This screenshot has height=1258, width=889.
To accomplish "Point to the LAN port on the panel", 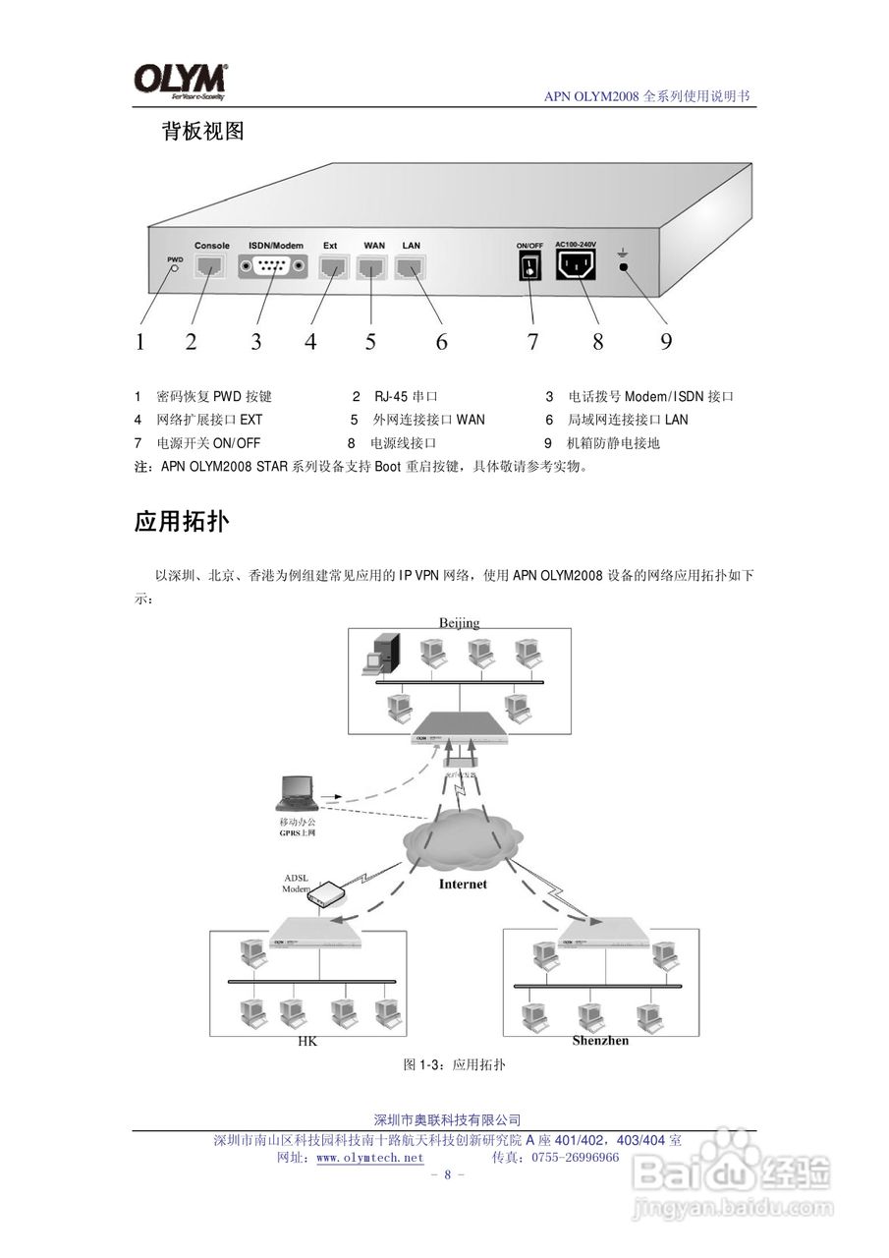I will click(410, 266).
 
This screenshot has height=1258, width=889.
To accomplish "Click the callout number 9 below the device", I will click(666, 341).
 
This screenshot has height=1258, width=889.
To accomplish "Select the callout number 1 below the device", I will click(139, 342).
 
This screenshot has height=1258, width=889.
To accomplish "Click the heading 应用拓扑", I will click(182, 522).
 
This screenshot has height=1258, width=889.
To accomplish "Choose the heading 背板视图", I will click(202, 132).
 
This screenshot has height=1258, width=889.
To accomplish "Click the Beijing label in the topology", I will click(459, 622).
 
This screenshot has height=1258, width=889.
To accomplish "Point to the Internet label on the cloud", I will click(463, 884).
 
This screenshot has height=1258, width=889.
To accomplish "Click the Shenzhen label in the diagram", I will click(600, 1040).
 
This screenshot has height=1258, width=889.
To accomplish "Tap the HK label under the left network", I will click(307, 1043).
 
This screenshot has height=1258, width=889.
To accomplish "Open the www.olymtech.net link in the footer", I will click(370, 1158).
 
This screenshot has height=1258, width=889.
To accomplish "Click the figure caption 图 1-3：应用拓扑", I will click(455, 1065).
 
